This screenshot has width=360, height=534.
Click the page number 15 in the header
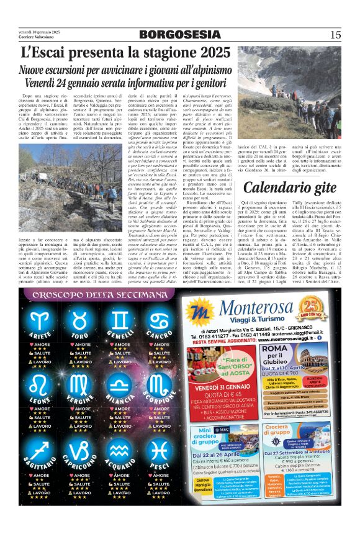click(335, 35)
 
